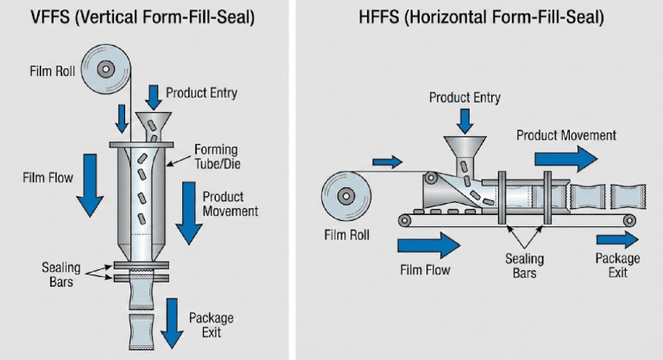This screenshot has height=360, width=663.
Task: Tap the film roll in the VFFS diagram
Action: click(x=105, y=68)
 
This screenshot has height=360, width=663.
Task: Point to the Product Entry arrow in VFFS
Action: click(x=155, y=95)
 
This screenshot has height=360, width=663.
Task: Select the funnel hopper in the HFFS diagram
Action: click(x=463, y=147)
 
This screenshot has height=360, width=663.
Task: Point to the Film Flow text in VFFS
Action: click(x=48, y=178)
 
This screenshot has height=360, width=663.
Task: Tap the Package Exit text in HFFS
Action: click(x=617, y=265)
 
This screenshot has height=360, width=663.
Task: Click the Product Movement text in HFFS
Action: click(x=566, y=135)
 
